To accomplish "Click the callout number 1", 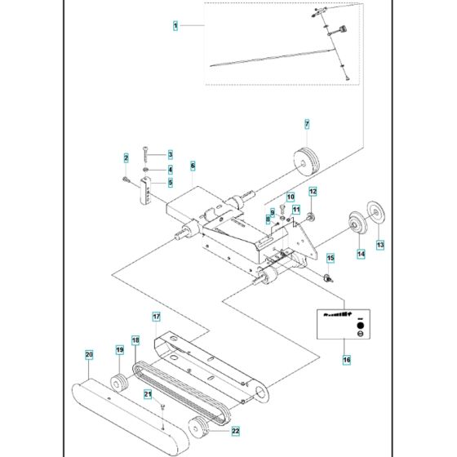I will pos(175,27).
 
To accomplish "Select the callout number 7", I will pos(307,124).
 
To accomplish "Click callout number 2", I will pos(126,157).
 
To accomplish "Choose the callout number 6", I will pos(193,165).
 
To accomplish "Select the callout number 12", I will pos(313,191).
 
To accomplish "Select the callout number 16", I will pos(346,358).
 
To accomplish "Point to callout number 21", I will pos(148,395).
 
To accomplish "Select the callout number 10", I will pos(290,196).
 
